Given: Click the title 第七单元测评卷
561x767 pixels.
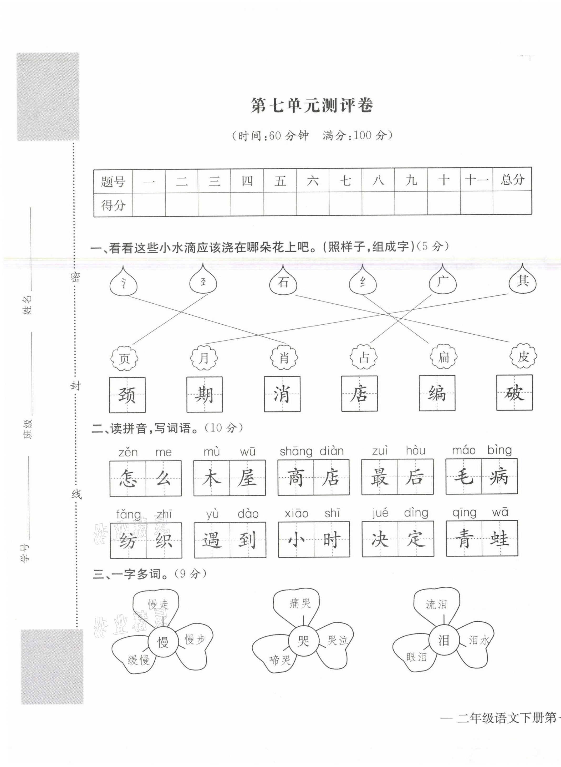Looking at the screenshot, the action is [312, 106].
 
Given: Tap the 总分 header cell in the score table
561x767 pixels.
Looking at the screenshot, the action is [512, 180].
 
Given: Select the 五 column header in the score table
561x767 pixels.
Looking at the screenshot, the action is [280, 181].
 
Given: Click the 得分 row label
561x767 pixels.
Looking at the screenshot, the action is [113, 205].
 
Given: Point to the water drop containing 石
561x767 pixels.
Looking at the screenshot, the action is [283, 282].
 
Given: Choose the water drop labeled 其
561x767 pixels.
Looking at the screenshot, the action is [523, 281].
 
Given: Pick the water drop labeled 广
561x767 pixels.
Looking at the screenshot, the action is [442, 282].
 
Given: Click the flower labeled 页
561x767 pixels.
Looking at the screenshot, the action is [125, 359].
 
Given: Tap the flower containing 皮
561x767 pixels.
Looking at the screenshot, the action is [523, 356].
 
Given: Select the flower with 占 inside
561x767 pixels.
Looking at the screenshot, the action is [364, 357].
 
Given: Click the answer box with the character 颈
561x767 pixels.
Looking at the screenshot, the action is [127, 395].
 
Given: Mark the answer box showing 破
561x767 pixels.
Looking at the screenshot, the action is [514, 393].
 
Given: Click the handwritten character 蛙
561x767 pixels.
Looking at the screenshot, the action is [499, 539].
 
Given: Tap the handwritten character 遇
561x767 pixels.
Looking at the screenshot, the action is [212, 540].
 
